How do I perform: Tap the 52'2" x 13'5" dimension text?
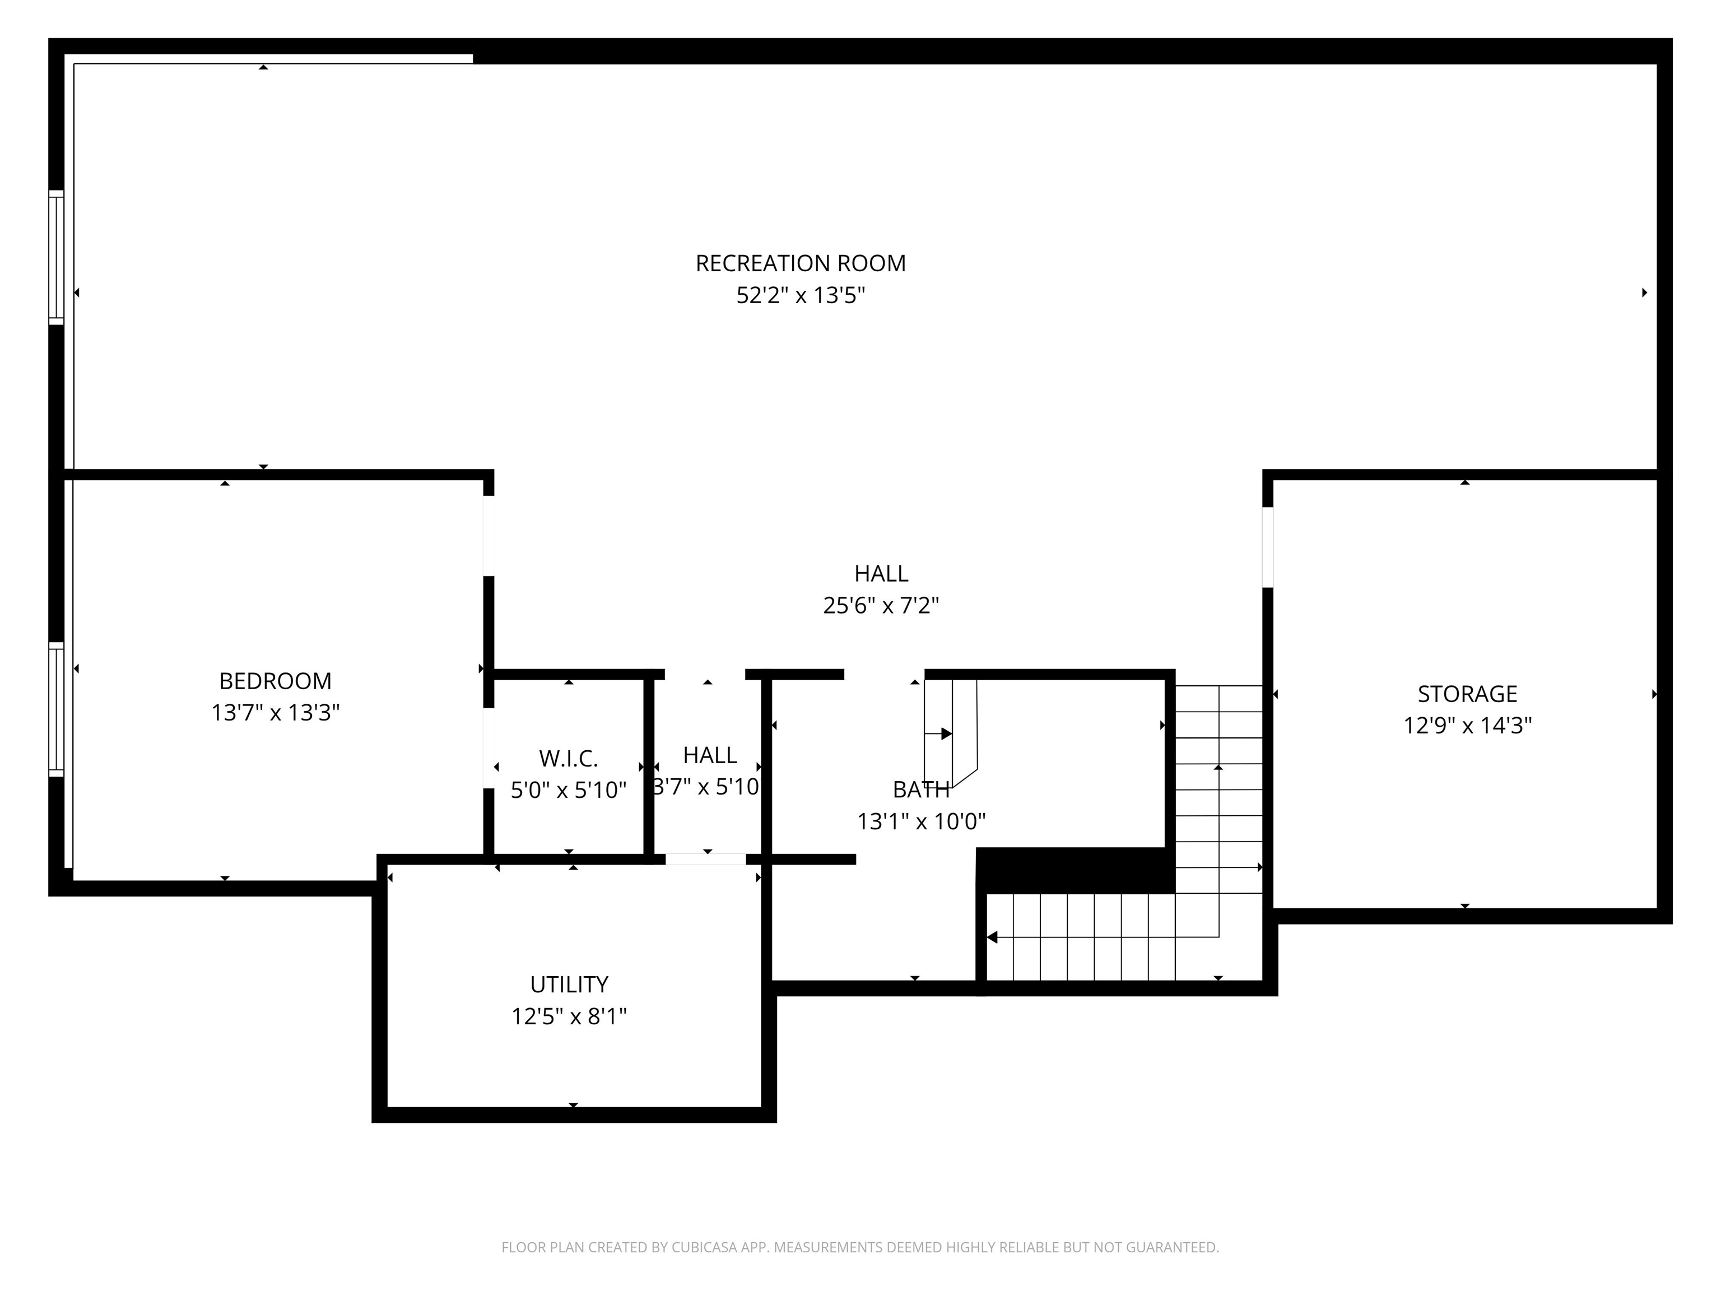[800, 296]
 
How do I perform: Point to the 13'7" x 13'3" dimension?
[276, 713]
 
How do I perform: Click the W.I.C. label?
[568, 758]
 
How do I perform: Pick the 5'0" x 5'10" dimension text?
[568, 791]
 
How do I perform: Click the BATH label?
[920, 790]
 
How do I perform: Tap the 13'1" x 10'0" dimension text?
[920, 822]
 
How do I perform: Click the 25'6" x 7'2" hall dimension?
[881, 605]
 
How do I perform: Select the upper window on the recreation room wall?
[56, 257]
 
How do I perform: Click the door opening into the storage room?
[1267, 547]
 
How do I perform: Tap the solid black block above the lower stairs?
[1075, 870]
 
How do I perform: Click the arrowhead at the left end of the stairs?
[992, 937]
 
